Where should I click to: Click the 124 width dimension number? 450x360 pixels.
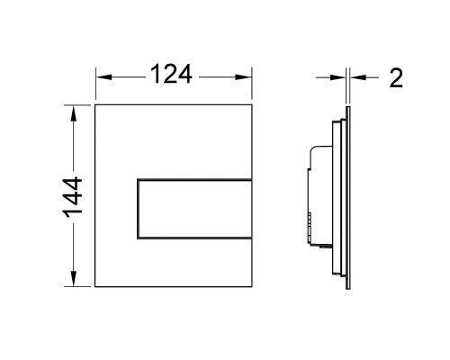pos(171,74)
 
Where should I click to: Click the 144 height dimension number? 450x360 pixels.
pos(72,196)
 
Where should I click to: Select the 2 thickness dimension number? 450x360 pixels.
pos(396,78)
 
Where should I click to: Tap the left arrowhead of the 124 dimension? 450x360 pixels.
pos(103,77)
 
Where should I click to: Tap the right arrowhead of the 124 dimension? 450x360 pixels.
pos(244,77)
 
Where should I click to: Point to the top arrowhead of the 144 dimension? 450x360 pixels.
pos(73,112)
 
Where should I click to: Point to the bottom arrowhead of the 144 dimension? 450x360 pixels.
pos(73,279)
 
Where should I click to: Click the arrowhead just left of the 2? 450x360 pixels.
pos(358,77)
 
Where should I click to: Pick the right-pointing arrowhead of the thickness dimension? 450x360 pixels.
pos(337,77)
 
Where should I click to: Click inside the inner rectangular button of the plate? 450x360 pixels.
pos(194,209)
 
